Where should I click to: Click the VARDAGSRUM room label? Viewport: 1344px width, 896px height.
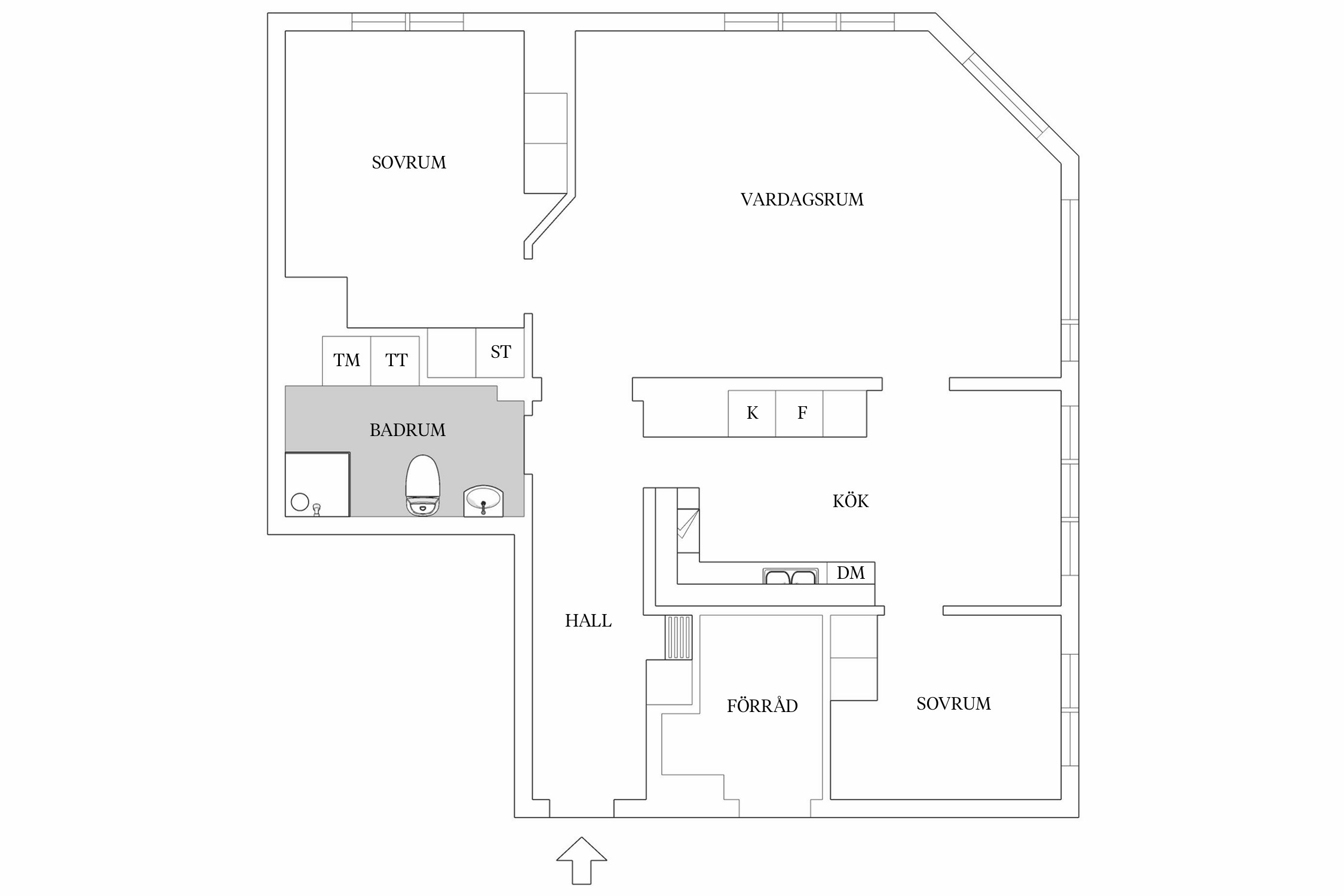802,200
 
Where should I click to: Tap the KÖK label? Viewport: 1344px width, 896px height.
850,501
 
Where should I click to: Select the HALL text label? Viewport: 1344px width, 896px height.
588,621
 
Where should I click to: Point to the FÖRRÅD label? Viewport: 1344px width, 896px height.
762,706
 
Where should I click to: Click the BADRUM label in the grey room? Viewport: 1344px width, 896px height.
407,430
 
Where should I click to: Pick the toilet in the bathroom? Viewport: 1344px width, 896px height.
423,485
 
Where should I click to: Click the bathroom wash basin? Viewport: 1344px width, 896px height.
483,501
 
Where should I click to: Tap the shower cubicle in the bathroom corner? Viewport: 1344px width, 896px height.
317,484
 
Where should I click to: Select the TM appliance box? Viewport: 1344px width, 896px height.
346,361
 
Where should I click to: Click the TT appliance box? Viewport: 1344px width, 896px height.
396,361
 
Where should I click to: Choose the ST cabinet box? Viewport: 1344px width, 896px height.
500,352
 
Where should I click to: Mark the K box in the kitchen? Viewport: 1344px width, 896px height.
752,413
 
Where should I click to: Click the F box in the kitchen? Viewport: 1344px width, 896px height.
802,413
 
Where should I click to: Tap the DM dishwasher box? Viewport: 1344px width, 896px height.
851,573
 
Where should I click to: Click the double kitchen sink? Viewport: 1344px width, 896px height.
790,576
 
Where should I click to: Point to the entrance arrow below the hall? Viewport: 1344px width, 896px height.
581,862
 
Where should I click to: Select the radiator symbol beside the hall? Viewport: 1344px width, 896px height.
678,637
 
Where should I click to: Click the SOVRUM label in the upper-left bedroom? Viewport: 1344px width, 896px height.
409,163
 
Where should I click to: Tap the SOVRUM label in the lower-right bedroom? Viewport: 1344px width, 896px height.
953,704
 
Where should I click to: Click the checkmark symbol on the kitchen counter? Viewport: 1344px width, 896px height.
687,524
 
